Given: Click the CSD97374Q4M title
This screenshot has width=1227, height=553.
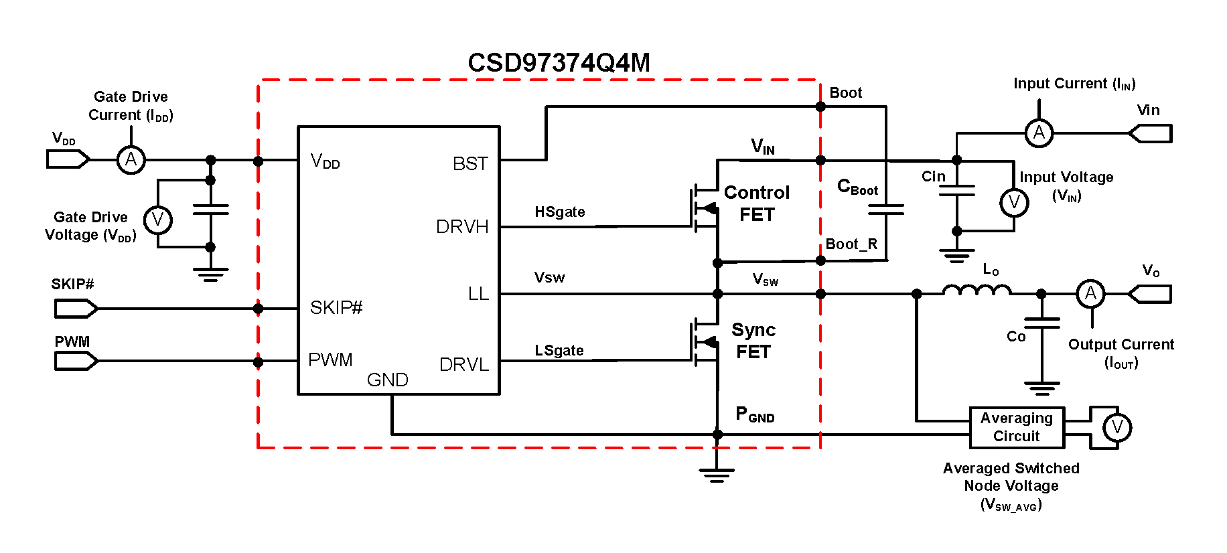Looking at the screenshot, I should click(x=559, y=63).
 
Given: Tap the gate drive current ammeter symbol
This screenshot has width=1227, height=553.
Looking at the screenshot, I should click(x=131, y=160).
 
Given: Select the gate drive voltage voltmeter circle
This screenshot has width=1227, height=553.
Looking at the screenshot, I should click(x=158, y=220).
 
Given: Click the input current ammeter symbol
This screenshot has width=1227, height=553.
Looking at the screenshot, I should click(x=1039, y=133).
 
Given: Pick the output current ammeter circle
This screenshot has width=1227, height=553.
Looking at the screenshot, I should click(x=1090, y=293).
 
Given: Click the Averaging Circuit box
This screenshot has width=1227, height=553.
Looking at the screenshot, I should click(x=1016, y=427).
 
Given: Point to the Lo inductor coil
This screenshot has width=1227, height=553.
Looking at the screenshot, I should click(x=977, y=290).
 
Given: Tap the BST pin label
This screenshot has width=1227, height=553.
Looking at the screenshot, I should click(x=470, y=164).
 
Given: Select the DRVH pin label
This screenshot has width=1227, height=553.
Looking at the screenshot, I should click(x=462, y=227).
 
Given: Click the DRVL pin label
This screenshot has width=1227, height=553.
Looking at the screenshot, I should click(x=464, y=365).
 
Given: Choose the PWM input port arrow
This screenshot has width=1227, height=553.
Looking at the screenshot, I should click(x=76, y=362).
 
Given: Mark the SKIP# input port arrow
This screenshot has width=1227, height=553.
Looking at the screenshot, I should click(x=76, y=309).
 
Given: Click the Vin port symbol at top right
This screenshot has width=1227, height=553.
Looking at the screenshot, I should click(x=1151, y=133).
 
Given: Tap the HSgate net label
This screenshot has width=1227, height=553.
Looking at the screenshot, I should click(x=560, y=212).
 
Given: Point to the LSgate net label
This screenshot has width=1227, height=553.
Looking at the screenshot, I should click(x=559, y=351).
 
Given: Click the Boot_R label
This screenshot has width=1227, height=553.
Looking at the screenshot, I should click(x=851, y=244).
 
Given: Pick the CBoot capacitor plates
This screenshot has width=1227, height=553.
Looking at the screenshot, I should click(x=885, y=210).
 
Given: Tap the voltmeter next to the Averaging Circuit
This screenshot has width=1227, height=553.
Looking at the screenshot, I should click(x=1117, y=427).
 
